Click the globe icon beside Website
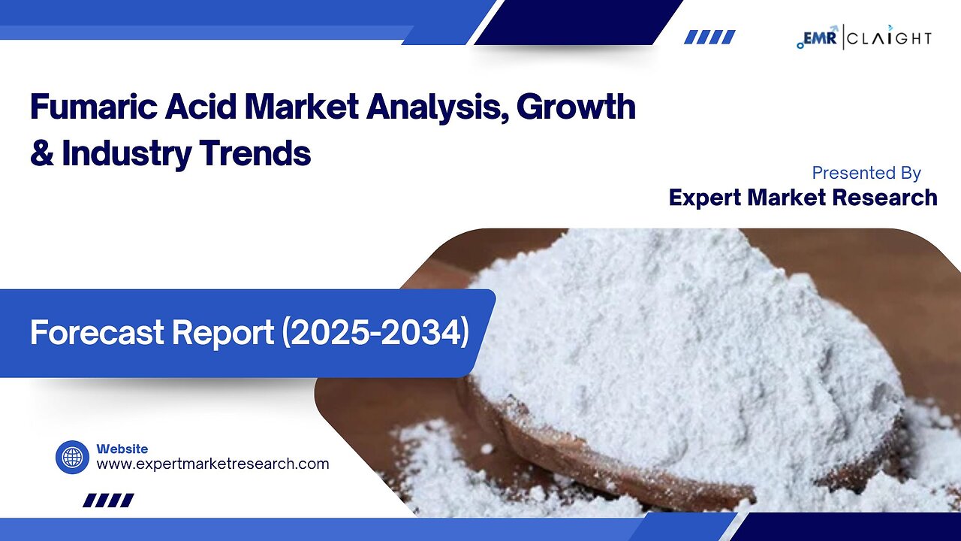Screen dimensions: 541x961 [72, 457]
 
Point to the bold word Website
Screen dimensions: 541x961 [122, 449]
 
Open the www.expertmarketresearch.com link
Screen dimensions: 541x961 [212, 464]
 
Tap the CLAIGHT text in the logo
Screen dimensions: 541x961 [890, 38]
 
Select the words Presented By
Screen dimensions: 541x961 [866, 173]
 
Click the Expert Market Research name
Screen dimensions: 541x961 [803, 198]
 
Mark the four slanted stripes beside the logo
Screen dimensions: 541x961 [709, 37]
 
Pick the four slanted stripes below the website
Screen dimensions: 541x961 [108, 500]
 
